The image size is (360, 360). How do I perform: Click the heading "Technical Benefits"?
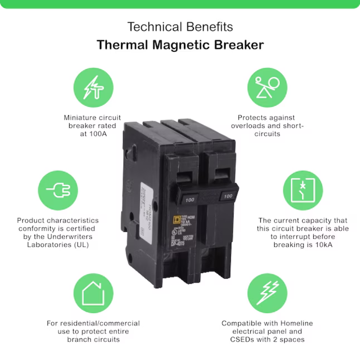click(180, 27)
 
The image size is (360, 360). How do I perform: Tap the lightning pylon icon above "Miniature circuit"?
click(93, 87)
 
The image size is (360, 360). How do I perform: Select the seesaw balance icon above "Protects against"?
click(267, 87)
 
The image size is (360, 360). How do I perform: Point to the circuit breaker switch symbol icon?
click(302, 190)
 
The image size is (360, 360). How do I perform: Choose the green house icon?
click(93, 293)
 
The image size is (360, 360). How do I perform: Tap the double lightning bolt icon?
click(267, 293)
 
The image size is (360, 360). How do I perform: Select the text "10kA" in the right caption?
click(324, 245)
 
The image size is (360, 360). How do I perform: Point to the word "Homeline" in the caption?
click(295, 323)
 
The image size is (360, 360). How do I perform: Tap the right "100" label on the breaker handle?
click(228, 196)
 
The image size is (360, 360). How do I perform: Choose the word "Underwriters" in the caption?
click(68, 237)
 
